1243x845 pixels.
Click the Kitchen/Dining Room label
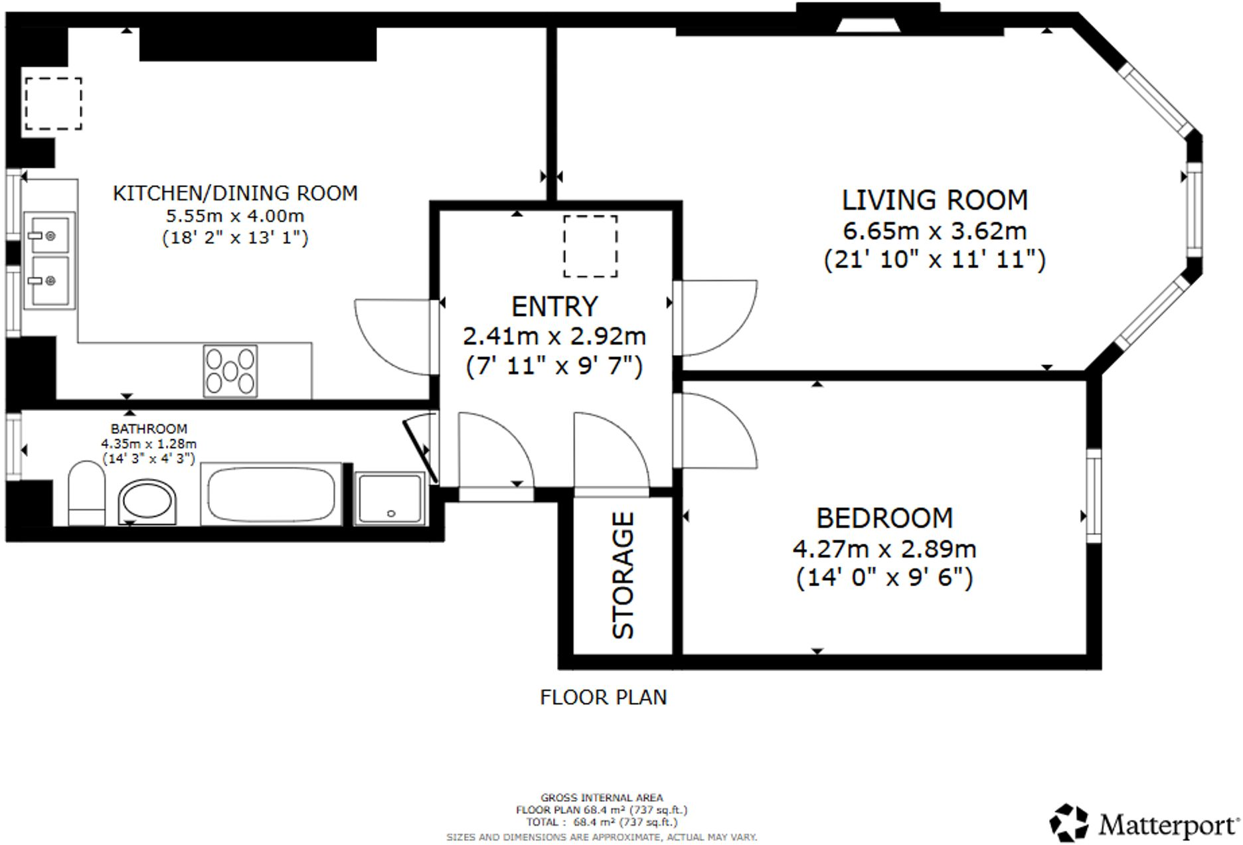pos(235,193)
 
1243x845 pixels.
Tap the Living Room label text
pos(935,200)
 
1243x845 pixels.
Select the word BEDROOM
pos(884,518)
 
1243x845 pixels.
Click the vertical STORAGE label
pos(623,576)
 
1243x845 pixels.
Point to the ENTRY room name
pos(554,307)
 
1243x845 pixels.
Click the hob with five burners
pos(230,371)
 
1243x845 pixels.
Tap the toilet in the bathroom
pos(87,493)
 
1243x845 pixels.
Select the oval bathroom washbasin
pos(148,502)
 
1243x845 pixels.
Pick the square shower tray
pos(390,499)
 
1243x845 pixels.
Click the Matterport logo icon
pos(1068,823)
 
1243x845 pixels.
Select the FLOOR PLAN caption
pos(603,697)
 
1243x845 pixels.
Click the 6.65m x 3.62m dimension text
pos(935,231)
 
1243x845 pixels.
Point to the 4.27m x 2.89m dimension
pos(884,549)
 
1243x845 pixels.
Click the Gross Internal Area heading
pos(602,798)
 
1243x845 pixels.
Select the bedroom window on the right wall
pos(1093,496)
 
